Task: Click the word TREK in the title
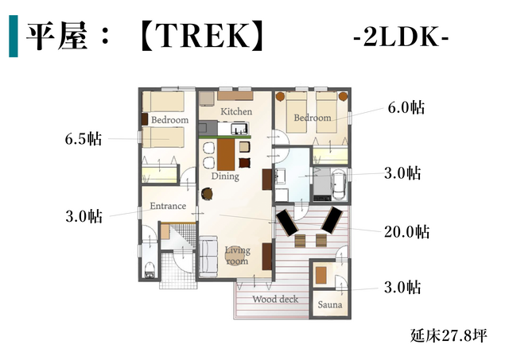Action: (x=201, y=37)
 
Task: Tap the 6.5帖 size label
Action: (x=84, y=139)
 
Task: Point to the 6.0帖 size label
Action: (x=406, y=107)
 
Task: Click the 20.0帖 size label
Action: (x=406, y=232)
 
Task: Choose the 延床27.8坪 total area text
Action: (x=449, y=335)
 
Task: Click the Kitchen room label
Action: (x=236, y=111)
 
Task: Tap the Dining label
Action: (x=225, y=176)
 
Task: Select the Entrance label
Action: (x=168, y=206)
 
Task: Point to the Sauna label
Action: (x=330, y=305)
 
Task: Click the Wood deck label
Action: (x=275, y=299)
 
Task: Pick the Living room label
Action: (x=238, y=256)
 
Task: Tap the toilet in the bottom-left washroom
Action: (x=150, y=270)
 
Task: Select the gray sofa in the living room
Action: (x=208, y=256)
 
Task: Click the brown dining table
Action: (x=226, y=155)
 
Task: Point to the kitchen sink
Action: (x=239, y=129)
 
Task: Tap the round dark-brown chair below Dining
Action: (x=207, y=194)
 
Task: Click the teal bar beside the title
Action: (x=14, y=36)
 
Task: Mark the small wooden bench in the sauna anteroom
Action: (x=321, y=275)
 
